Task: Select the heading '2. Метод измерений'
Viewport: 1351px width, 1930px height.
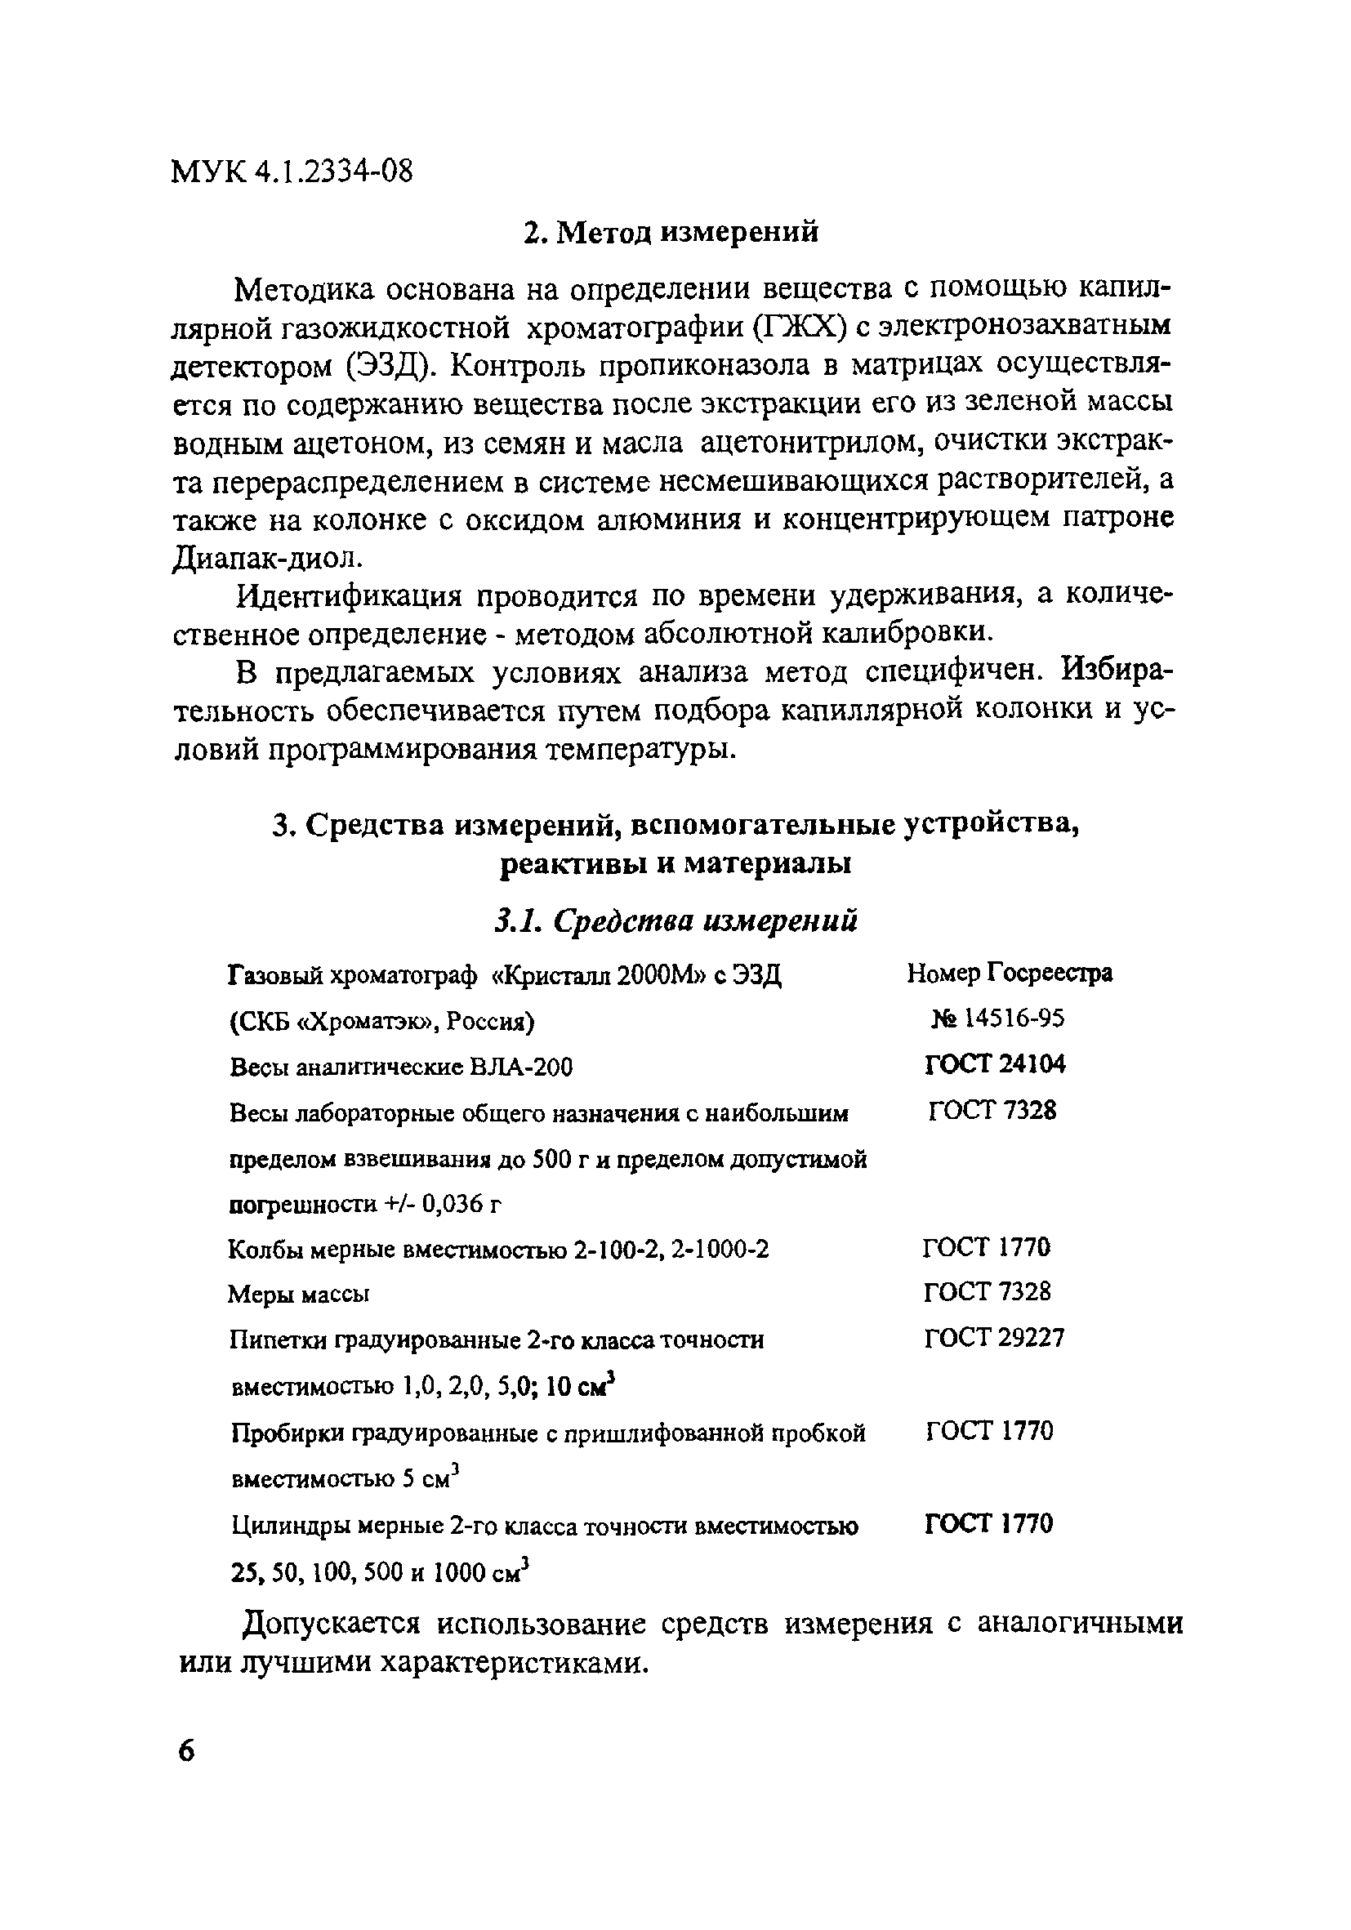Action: (670, 232)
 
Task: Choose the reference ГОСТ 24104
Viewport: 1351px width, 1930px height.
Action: (995, 1064)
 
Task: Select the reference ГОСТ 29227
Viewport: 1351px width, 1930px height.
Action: (994, 1337)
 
